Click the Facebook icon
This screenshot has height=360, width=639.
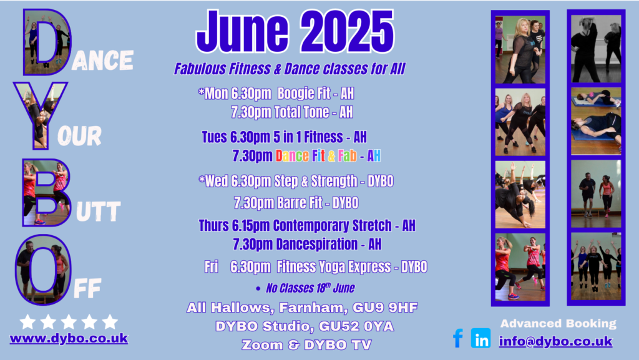(458, 338)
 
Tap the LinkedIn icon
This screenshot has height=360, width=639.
(481, 338)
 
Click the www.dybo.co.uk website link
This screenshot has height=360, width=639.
(69, 339)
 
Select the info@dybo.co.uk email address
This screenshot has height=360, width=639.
(556, 341)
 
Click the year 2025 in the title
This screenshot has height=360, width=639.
(348, 31)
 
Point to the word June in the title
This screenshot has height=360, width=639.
(243, 31)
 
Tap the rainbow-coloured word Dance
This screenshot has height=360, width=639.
(292, 155)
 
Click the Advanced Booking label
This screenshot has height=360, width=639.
(559, 324)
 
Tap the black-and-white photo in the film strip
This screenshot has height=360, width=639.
(596, 49)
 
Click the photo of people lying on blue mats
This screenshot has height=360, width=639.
(596, 121)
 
